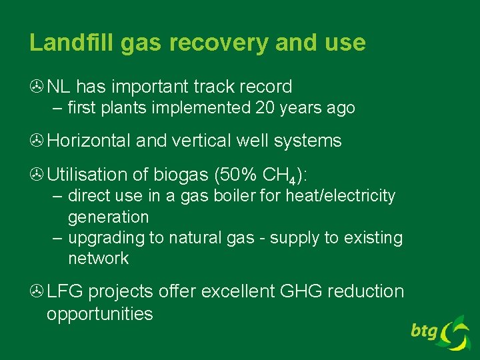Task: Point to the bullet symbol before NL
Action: click(36, 87)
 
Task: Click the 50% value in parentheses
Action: click(238, 175)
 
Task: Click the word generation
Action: click(108, 217)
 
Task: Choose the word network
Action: click(98, 259)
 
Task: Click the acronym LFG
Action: click(65, 292)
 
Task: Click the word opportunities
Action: click(99, 313)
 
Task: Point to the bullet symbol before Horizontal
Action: click(36, 141)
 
